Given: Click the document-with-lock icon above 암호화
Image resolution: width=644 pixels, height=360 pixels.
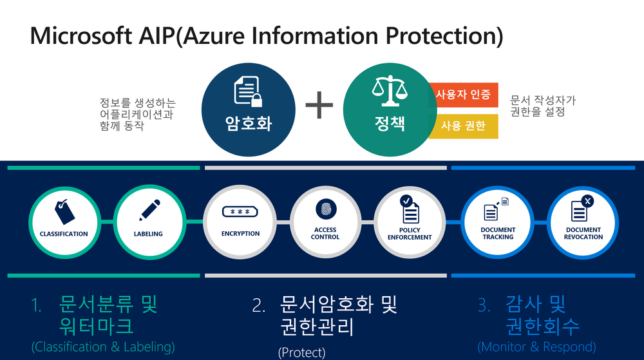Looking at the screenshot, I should [247, 91].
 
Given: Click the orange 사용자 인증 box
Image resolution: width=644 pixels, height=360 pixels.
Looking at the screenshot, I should [464, 96].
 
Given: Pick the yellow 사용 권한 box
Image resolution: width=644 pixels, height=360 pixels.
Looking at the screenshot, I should [463, 126].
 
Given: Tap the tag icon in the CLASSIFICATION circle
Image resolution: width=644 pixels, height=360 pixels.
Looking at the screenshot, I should [63, 211].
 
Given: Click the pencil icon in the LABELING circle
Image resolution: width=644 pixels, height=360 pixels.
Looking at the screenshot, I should [148, 211].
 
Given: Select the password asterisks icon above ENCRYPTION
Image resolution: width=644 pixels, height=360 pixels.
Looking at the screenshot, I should [240, 212].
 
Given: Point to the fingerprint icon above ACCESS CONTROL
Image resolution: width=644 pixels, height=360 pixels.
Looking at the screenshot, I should [325, 209].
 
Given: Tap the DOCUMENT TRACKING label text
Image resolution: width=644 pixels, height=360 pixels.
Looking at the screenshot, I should [498, 233].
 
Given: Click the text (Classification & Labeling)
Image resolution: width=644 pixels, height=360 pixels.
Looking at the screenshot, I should [103, 347].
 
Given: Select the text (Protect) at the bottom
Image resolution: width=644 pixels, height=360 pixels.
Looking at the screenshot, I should [301, 352].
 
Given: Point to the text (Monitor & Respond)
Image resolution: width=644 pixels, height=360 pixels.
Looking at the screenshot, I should [536, 347].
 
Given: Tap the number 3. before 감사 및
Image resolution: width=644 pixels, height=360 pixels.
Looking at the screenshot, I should [484, 306].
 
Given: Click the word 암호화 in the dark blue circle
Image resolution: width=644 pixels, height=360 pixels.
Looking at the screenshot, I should [248, 123].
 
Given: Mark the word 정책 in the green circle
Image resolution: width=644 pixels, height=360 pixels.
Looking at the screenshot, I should [389, 123].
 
